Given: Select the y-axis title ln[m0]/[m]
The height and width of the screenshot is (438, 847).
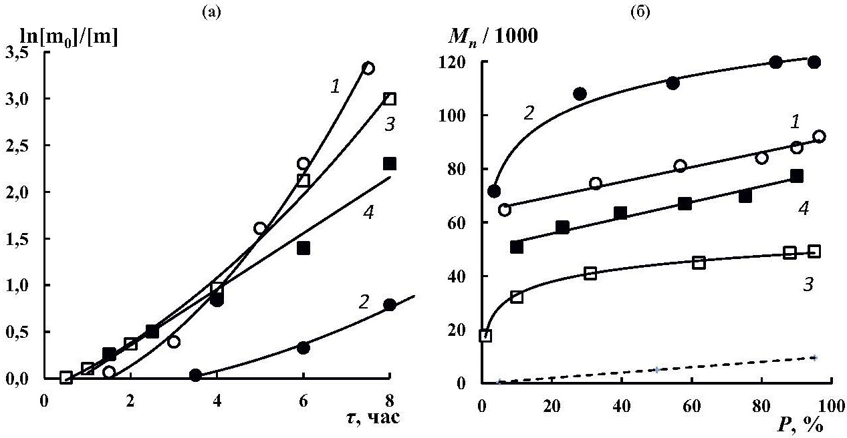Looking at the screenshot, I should click(x=70, y=37).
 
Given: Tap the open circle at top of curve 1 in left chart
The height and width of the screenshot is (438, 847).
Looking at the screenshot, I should click(x=368, y=68).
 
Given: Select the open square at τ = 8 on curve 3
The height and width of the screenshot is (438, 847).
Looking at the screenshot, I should click(x=390, y=99).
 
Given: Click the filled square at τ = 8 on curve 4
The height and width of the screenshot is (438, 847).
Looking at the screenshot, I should click(x=390, y=164).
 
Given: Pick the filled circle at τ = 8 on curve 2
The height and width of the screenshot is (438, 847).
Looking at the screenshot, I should click(x=390, y=305).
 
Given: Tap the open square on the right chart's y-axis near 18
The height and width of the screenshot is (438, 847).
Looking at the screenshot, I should click(x=485, y=335).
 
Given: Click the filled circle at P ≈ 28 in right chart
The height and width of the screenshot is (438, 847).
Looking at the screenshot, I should click(x=580, y=93).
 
